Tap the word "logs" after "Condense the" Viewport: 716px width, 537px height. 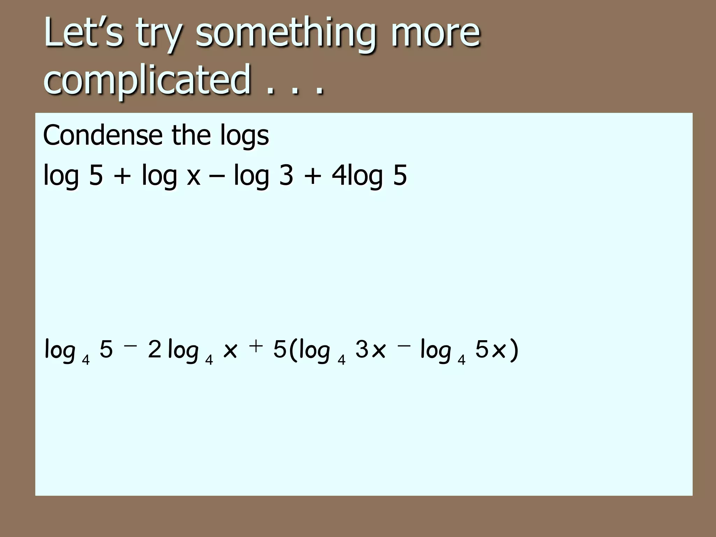[244, 136]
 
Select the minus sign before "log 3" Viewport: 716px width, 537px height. [217, 176]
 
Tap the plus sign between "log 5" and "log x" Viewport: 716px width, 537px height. [122, 176]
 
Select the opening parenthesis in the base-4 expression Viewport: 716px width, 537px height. [293, 350]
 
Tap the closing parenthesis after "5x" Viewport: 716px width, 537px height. [514, 350]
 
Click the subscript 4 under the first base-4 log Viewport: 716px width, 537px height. [86, 360]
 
